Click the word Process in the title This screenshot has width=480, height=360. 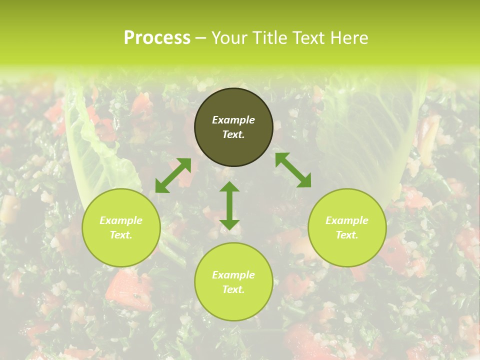[x=157, y=38]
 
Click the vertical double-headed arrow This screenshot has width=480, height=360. [x=229, y=205]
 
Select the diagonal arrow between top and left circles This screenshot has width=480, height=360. [x=173, y=175]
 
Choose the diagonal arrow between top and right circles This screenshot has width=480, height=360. [x=293, y=170]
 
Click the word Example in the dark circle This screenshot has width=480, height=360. [x=233, y=120]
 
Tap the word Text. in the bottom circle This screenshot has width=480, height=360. [x=233, y=289]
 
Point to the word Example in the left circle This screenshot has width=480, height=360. [x=121, y=220]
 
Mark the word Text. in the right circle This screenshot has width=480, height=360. [x=347, y=235]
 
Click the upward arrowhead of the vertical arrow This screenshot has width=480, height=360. [x=229, y=187]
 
